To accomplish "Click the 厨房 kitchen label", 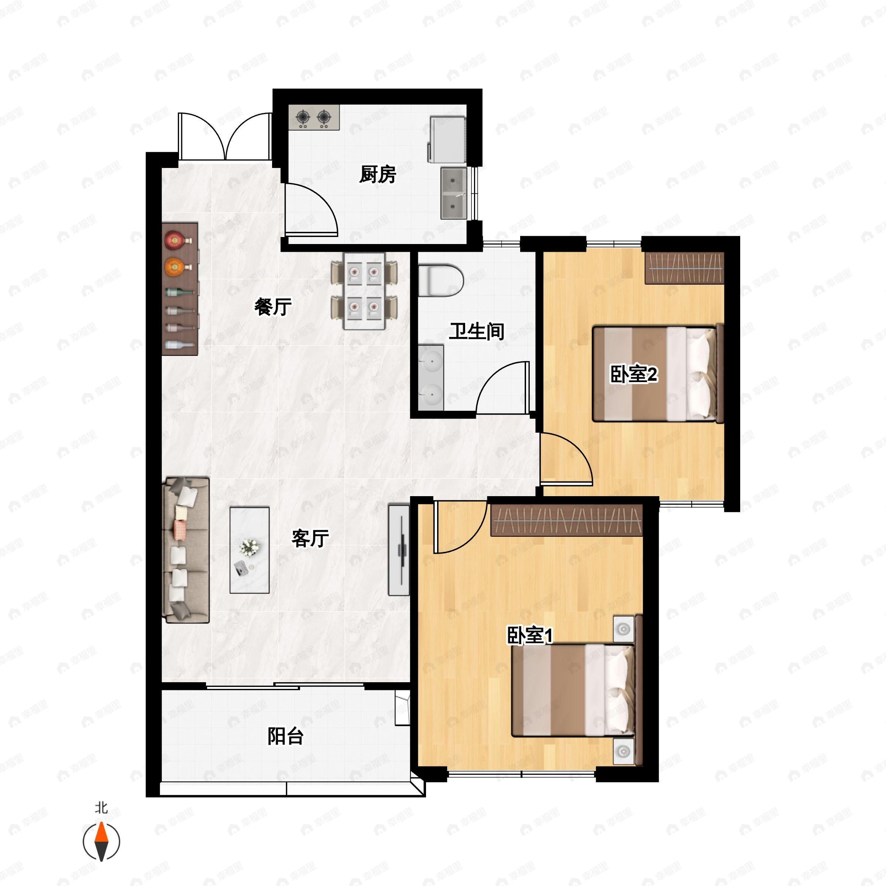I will (x=377, y=174).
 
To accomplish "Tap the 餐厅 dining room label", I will (x=273, y=306).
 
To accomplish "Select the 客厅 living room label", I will (x=310, y=538).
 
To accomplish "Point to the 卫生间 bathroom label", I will (x=477, y=331).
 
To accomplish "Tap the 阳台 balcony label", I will (x=285, y=736).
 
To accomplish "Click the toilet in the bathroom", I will (x=440, y=280).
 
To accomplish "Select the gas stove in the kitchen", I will (x=314, y=117).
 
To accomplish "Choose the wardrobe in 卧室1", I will (x=566, y=521).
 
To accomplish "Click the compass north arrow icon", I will (x=102, y=842).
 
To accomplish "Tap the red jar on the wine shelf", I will (x=174, y=240).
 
